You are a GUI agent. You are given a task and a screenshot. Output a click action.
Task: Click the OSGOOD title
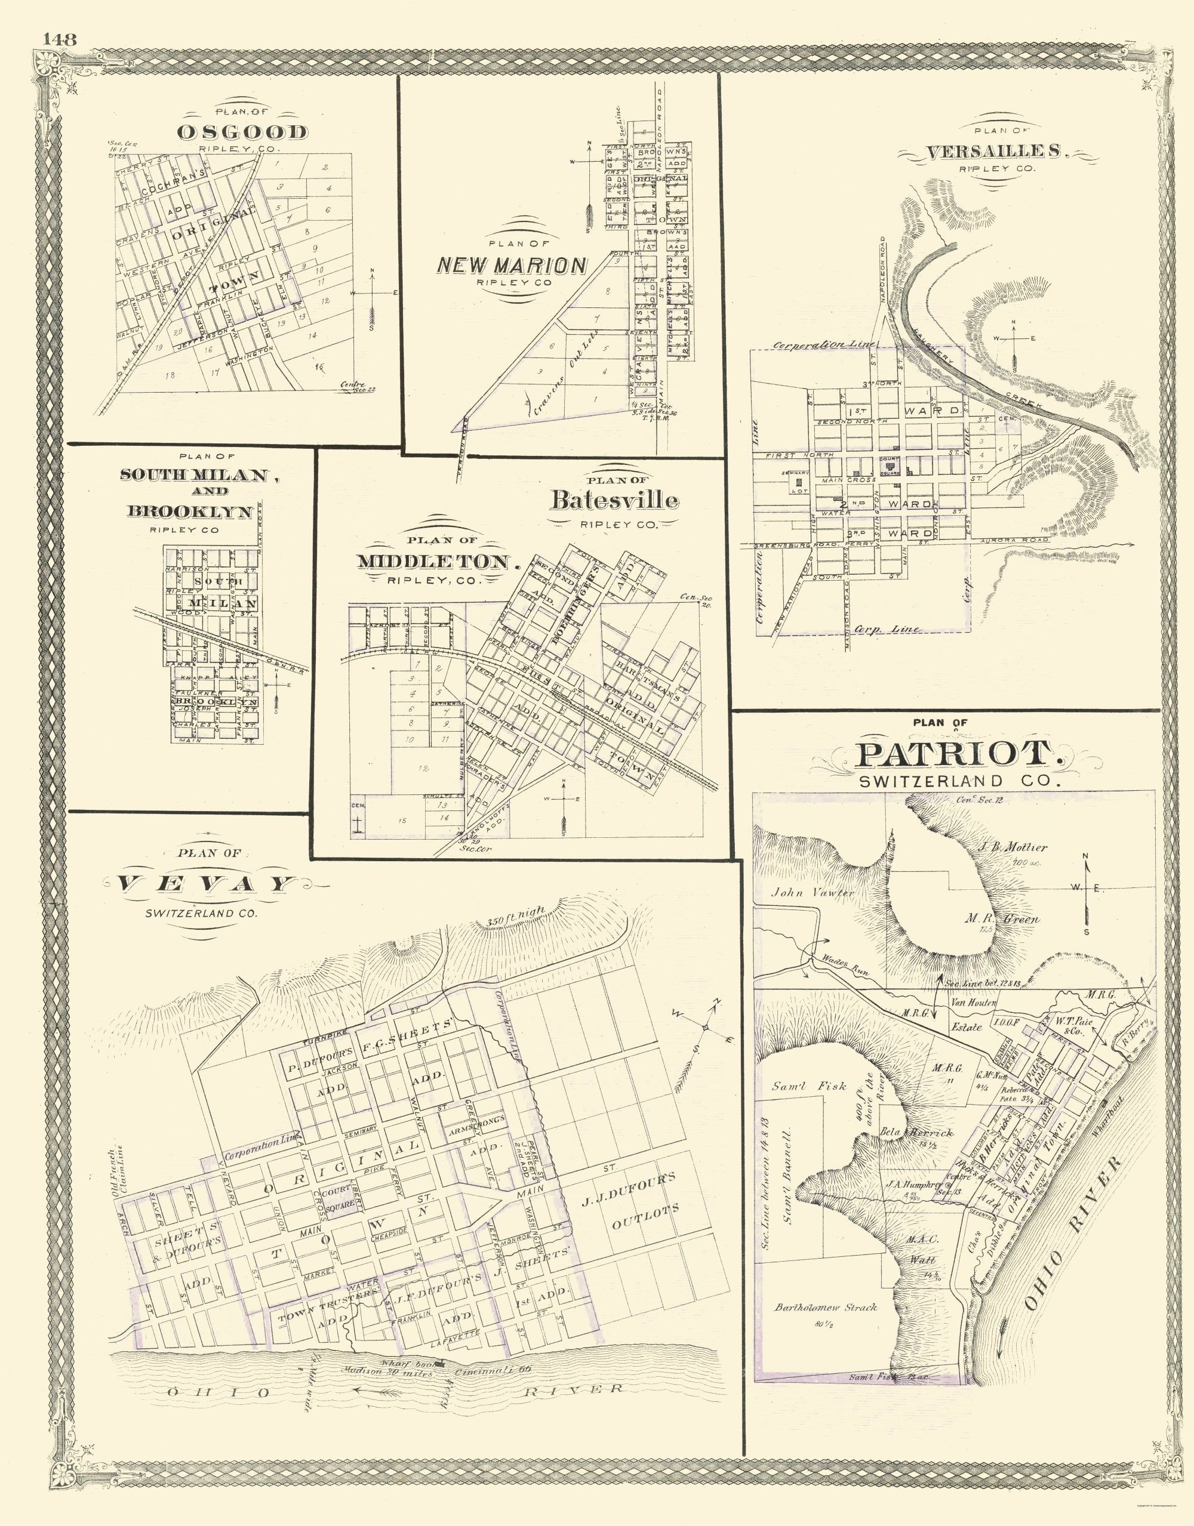point(242,132)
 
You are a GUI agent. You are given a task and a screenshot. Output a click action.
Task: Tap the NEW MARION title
point(512,265)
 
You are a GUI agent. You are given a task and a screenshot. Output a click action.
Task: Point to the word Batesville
point(614,500)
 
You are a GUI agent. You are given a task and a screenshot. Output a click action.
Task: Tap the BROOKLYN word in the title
point(189,511)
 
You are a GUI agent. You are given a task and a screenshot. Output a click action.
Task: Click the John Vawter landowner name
point(813,892)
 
